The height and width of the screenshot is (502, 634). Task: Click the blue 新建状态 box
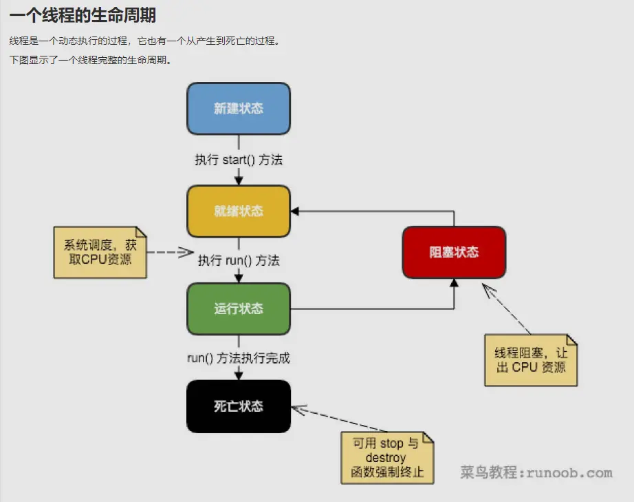click(239, 109)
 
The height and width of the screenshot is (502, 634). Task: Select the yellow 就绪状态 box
click(239, 211)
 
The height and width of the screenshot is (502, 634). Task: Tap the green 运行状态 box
click(239, 308)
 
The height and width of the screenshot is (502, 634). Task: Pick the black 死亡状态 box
click(239, 406)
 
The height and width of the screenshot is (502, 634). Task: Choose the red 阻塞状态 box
click(454, 253)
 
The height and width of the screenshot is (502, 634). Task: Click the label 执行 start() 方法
click(239, 160)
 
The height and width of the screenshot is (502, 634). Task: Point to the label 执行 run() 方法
click(239, 261)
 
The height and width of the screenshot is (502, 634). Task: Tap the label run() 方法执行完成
click(239, 358)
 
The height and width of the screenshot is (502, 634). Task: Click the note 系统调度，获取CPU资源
click(100, 252)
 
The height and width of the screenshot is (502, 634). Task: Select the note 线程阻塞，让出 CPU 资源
click(531, 360)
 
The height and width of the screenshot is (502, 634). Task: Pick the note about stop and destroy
click(387, 458)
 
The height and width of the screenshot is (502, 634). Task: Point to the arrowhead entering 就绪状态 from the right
click(295, 211)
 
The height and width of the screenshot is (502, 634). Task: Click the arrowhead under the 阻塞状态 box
click(454, 282)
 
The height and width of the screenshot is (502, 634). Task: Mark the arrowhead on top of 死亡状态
click(239, 375)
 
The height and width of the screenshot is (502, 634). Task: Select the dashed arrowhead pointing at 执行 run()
click(186, 253)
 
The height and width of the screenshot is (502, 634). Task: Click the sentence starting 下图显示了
click(89, 60)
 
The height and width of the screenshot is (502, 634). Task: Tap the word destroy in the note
click(386, 458)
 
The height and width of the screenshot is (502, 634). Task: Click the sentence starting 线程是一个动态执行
click(144, 41)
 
